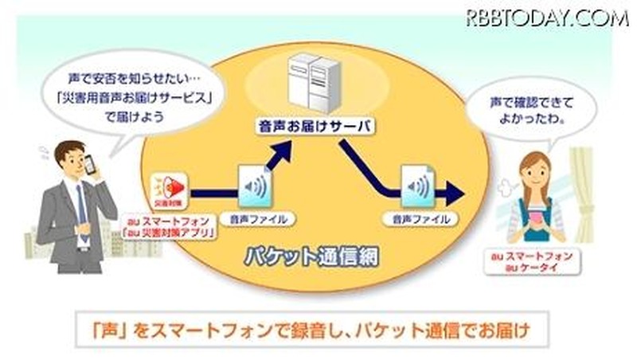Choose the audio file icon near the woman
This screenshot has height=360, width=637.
point(418,187)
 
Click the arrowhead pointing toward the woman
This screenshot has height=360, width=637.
point(454,192)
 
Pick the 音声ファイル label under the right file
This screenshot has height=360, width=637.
point(418,217)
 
